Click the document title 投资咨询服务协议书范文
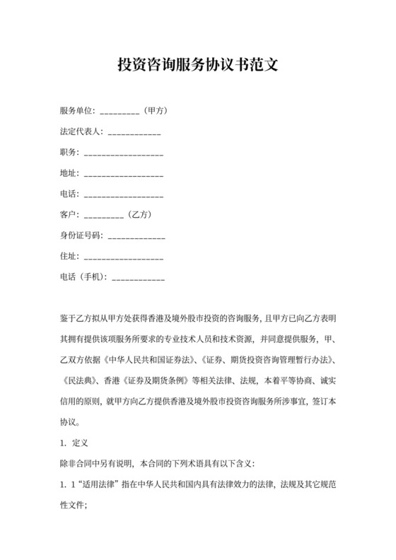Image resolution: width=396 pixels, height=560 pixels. coord(197,65)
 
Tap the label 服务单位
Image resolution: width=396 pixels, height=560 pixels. coord(77,111)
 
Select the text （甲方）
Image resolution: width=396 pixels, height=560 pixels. coord(154,111)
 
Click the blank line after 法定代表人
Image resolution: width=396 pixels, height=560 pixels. coord(134,132)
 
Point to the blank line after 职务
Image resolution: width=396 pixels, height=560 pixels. coord(123,153)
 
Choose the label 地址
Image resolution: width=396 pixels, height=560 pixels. coord(69,173)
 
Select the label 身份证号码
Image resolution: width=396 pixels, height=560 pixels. coord(81,235)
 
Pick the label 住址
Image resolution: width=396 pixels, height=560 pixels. coord(69,256)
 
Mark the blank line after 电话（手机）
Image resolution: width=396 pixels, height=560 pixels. coord(139,276)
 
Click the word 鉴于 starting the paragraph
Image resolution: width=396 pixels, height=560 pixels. coord(69,318)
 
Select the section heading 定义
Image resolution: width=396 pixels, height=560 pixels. coord(80,443)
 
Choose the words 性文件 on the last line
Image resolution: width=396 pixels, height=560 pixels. coord(73,506)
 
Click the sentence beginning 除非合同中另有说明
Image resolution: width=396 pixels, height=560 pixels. coord(163,465)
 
